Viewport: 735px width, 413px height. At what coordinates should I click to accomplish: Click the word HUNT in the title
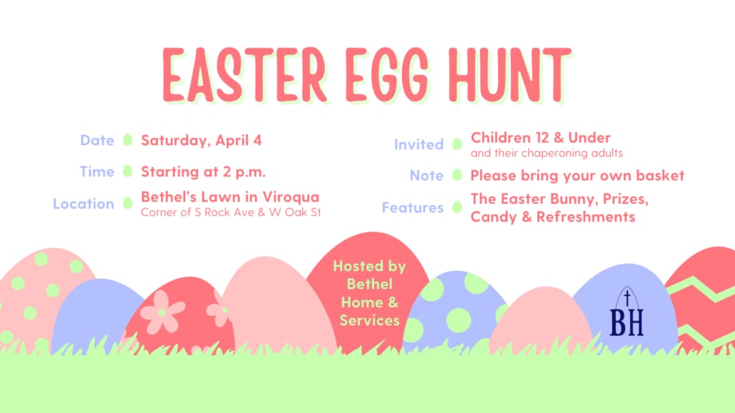[x=510, y=75]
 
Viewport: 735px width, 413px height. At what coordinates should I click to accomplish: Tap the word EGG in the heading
[x=387, y=75]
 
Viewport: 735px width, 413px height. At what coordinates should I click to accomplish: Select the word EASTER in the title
[x=244, y=75]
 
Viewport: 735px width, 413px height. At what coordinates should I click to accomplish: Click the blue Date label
[x=97, y=140]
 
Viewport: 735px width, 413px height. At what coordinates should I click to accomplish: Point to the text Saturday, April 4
[x=202, y=141]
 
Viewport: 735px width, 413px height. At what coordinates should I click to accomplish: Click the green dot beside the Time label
[x=128, y=171]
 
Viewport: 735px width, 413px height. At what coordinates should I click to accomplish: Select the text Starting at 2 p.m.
[x=203, y=172]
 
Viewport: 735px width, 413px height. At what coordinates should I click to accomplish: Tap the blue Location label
[x=83, y=204]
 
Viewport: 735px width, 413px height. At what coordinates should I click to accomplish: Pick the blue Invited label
[x=418, y=144]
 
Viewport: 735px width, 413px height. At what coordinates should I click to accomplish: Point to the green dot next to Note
[x=457, y=175]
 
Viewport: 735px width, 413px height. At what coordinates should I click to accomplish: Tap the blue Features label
[x=413, y=207]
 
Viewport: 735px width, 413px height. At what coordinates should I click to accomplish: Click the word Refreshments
[x=586, y=217]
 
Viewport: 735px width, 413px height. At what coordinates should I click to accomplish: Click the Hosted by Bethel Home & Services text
[x=370, y=293]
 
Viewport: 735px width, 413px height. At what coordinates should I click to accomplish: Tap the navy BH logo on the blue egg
[x=627, y=312]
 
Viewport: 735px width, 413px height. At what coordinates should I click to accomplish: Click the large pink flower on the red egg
[x=162, y=312]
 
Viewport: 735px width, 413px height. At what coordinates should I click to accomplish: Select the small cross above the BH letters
[x=627, y=298]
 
